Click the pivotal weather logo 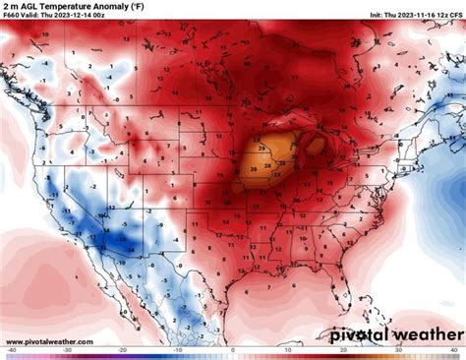coord(393,333)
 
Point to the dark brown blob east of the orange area coord(316,147)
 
